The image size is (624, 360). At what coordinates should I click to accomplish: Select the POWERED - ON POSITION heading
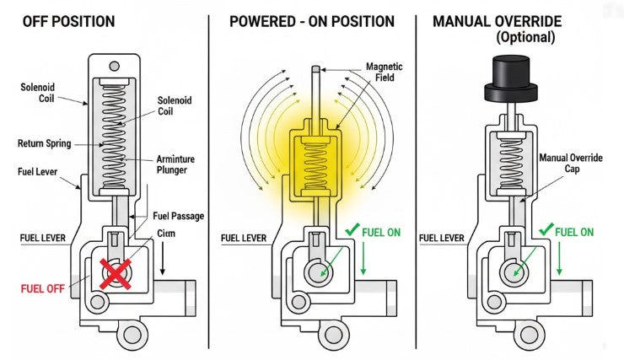click(311, 19)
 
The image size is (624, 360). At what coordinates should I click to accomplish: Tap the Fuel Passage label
click(178, 216)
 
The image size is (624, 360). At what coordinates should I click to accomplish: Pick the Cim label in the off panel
click(165, 234)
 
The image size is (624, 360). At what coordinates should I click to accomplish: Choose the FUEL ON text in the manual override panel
click(575, 232)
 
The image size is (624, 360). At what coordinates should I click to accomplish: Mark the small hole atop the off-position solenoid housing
click(114, 66)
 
